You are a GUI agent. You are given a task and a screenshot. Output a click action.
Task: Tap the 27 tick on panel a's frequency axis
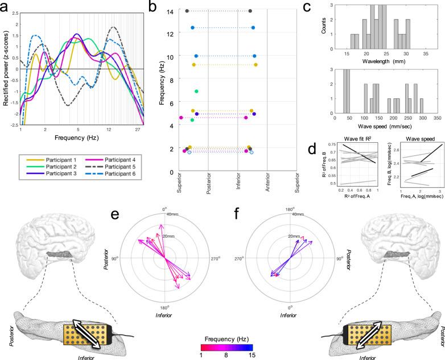tap(138, 130)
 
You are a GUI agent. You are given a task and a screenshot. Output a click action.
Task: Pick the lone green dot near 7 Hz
tap(196, 92)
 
